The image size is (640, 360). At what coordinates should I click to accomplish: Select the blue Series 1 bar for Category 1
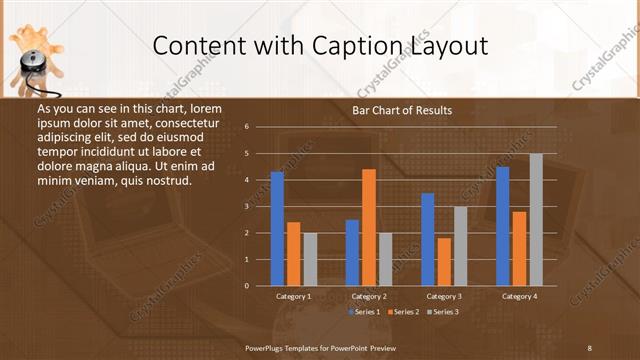tap(277, 229)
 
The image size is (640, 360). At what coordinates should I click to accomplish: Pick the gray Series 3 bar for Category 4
tap(536, 220)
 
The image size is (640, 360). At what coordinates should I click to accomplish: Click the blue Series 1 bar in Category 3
tap(428, 239)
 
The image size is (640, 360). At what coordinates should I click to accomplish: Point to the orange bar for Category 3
tap(444, 262)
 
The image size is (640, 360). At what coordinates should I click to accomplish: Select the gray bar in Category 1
tap(310, 259)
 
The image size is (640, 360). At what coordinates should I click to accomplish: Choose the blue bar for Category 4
tap(502, 226)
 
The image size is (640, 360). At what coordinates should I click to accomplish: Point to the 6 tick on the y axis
tap(246, 127)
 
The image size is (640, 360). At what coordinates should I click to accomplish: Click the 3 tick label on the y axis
tap(246, 206)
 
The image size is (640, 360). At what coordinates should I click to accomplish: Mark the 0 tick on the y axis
tap(246, 286)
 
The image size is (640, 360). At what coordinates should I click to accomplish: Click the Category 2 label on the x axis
tap(369, 297)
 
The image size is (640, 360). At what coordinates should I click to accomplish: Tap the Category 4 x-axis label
tap(519, 297)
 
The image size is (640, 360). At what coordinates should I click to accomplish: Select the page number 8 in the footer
tap(589, 347)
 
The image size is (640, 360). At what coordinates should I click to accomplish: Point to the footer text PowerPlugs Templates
tap(290, 347)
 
